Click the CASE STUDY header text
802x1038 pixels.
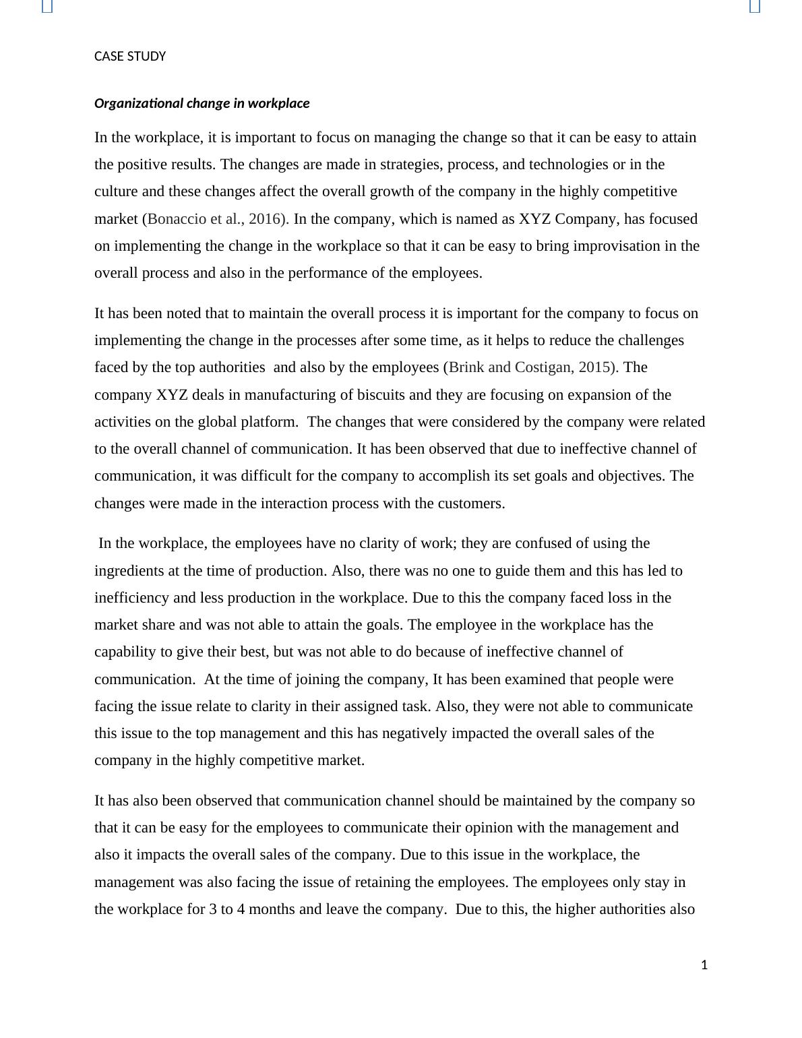(x=130, y=57)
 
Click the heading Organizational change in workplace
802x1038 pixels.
(x=202, y=104)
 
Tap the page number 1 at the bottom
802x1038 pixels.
(x=704, y=965)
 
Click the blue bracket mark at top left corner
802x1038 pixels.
(x=47, y=6)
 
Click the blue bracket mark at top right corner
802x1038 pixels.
(x=755, y=6)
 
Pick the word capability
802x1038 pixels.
(x=125, y=652)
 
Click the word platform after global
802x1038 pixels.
(x=270, y=422)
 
